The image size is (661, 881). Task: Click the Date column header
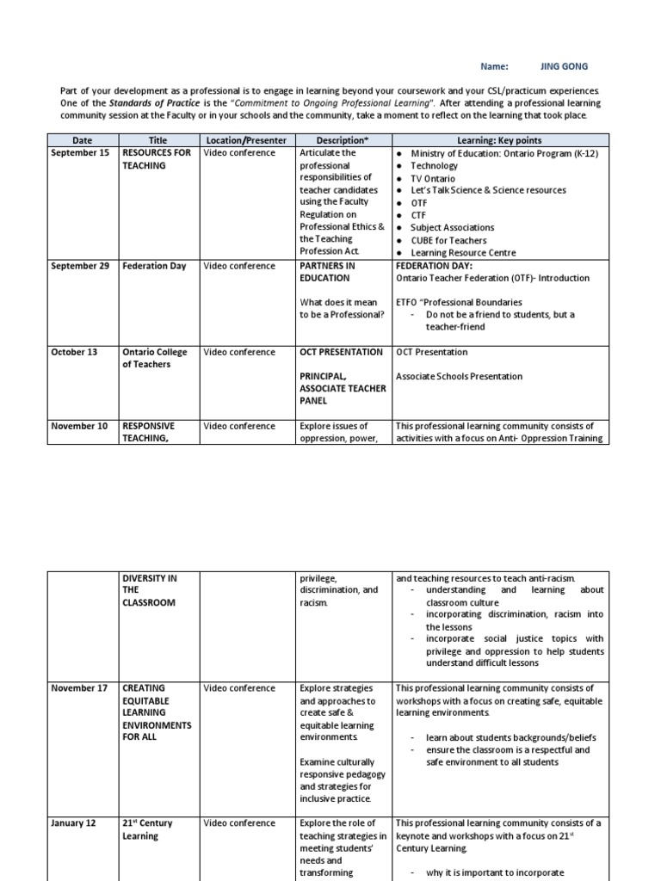tap(82, 140)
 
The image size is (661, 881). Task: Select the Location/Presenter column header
tap(245, 140)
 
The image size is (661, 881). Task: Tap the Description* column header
tap(342, 140)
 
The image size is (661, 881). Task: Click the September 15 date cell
tap(80, 153)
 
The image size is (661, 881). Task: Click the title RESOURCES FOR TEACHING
tap(156, 159)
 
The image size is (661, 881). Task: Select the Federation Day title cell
tap(154, 266)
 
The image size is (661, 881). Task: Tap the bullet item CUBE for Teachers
tap(448, 240)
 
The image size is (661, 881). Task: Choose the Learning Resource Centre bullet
tap(463, 253)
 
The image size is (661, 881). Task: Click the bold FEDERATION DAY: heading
tap(434, 266)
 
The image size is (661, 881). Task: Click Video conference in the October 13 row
tap(239, 352)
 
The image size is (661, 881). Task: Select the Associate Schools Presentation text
tap(459, 377)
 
